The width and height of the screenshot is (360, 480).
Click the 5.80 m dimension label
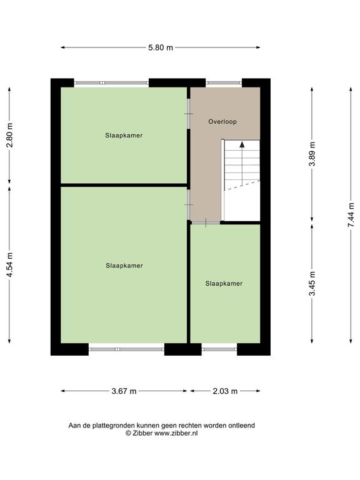(x=161, y=47)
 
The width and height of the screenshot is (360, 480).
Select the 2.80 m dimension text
(x=9, y=135)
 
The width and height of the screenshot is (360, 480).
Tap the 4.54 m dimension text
(x=9, y=265)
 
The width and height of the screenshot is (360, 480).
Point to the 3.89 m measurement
(x=312, y=154)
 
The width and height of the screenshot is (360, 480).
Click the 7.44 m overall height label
(x=351, y=215)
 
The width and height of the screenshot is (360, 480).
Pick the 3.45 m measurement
(x=312, y=284)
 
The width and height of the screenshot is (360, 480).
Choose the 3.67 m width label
(x=124, y=391)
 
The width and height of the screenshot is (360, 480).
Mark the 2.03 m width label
(x=225, y=391)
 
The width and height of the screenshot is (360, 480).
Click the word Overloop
(x=222, y=121)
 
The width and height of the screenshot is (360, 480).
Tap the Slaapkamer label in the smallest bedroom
(x=224, y=284)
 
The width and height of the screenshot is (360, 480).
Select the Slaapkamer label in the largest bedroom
(x=124, y=266)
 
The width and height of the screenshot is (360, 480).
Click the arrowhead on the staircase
(x=242, y=145)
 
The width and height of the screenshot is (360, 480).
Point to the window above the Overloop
(x=224, y=82)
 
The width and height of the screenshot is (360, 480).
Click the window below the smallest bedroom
(x=219, y=349)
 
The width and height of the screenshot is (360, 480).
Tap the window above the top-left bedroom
(x=111, y=82)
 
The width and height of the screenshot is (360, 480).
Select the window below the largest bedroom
(x=126, y=349)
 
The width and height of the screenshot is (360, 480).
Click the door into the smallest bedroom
(x=206, y=223)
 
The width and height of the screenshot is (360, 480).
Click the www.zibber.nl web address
(x=176, y=433)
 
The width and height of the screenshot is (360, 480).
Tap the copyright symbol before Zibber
(x=128, y=433)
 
